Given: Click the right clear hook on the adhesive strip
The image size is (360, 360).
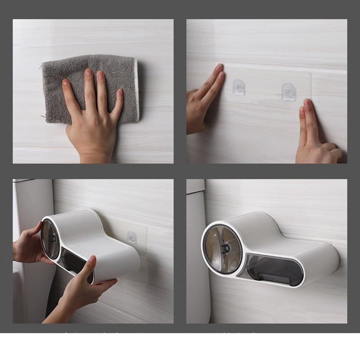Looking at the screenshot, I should click(288, 91).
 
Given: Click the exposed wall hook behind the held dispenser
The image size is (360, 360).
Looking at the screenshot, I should click(132, 237).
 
